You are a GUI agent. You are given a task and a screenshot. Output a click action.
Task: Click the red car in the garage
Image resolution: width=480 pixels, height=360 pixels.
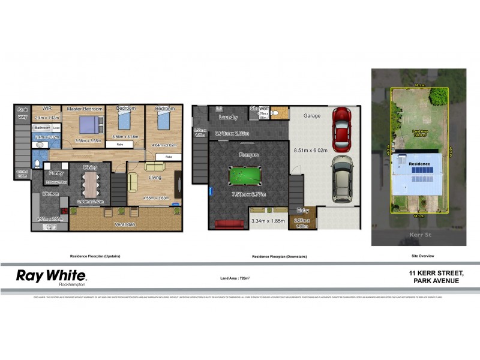(341, 129)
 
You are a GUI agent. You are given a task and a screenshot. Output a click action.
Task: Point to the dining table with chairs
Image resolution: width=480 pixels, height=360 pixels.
(91, 184)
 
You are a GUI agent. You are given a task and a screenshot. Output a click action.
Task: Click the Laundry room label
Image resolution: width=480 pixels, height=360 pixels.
(229, 118)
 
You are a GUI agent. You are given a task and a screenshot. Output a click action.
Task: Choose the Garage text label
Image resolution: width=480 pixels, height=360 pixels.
(312, 116)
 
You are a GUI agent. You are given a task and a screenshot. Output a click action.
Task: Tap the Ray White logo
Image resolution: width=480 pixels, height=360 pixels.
(51, 277)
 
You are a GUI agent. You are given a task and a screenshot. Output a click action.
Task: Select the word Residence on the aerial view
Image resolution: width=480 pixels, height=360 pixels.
(419, 163)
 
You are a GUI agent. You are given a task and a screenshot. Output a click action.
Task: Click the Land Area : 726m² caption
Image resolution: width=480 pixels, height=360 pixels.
(235, 278)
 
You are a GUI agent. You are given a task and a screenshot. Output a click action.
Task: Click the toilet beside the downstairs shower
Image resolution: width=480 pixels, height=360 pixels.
(275, 112)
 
